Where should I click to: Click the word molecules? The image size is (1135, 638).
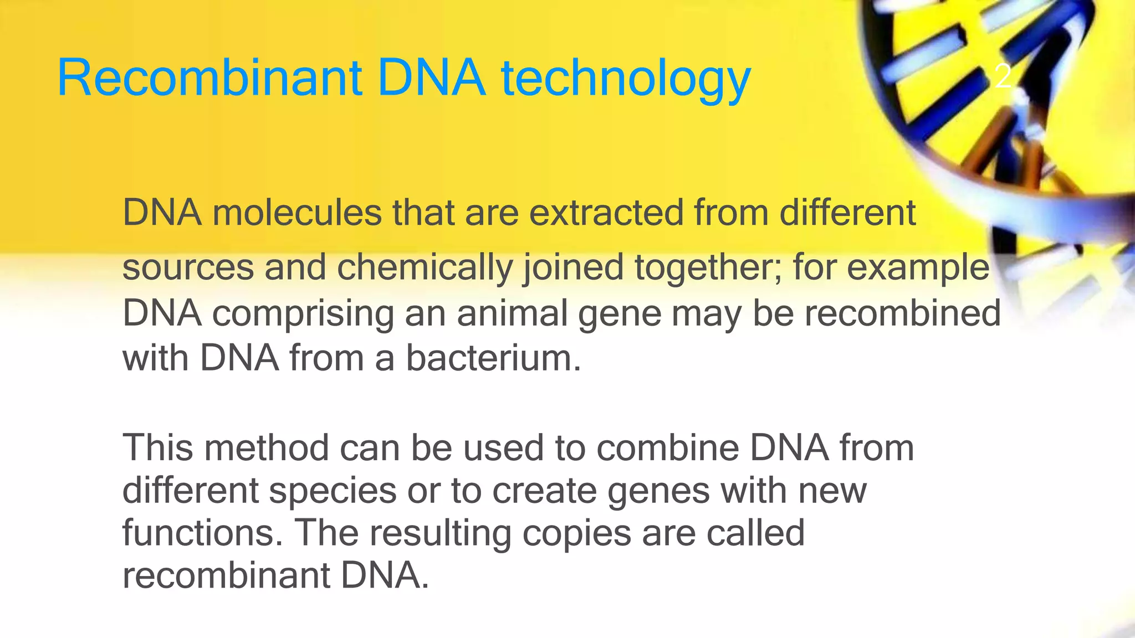(x=297, y=213)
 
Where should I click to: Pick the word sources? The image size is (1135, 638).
(x=188, y=267)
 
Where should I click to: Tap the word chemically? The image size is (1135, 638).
(x=425, y=267)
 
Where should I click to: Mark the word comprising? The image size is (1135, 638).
(x=303, y=314)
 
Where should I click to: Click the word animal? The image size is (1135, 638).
(x=513, y=313)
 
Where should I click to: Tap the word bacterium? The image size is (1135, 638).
(x=493, y=358)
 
